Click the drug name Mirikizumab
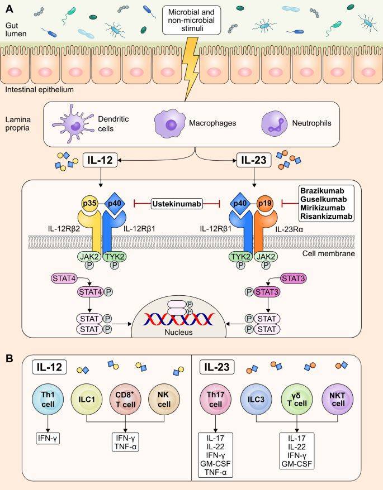(x=325, y=208)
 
